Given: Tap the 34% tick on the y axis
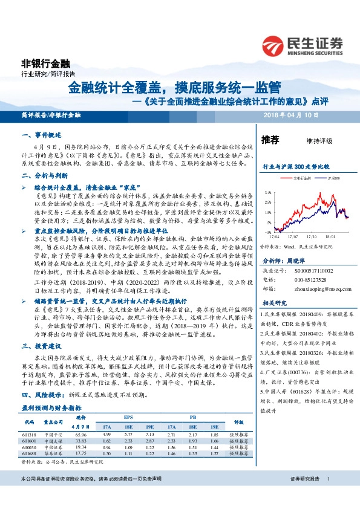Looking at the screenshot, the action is pos(266,192).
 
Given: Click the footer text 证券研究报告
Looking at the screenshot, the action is pos(304,495).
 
